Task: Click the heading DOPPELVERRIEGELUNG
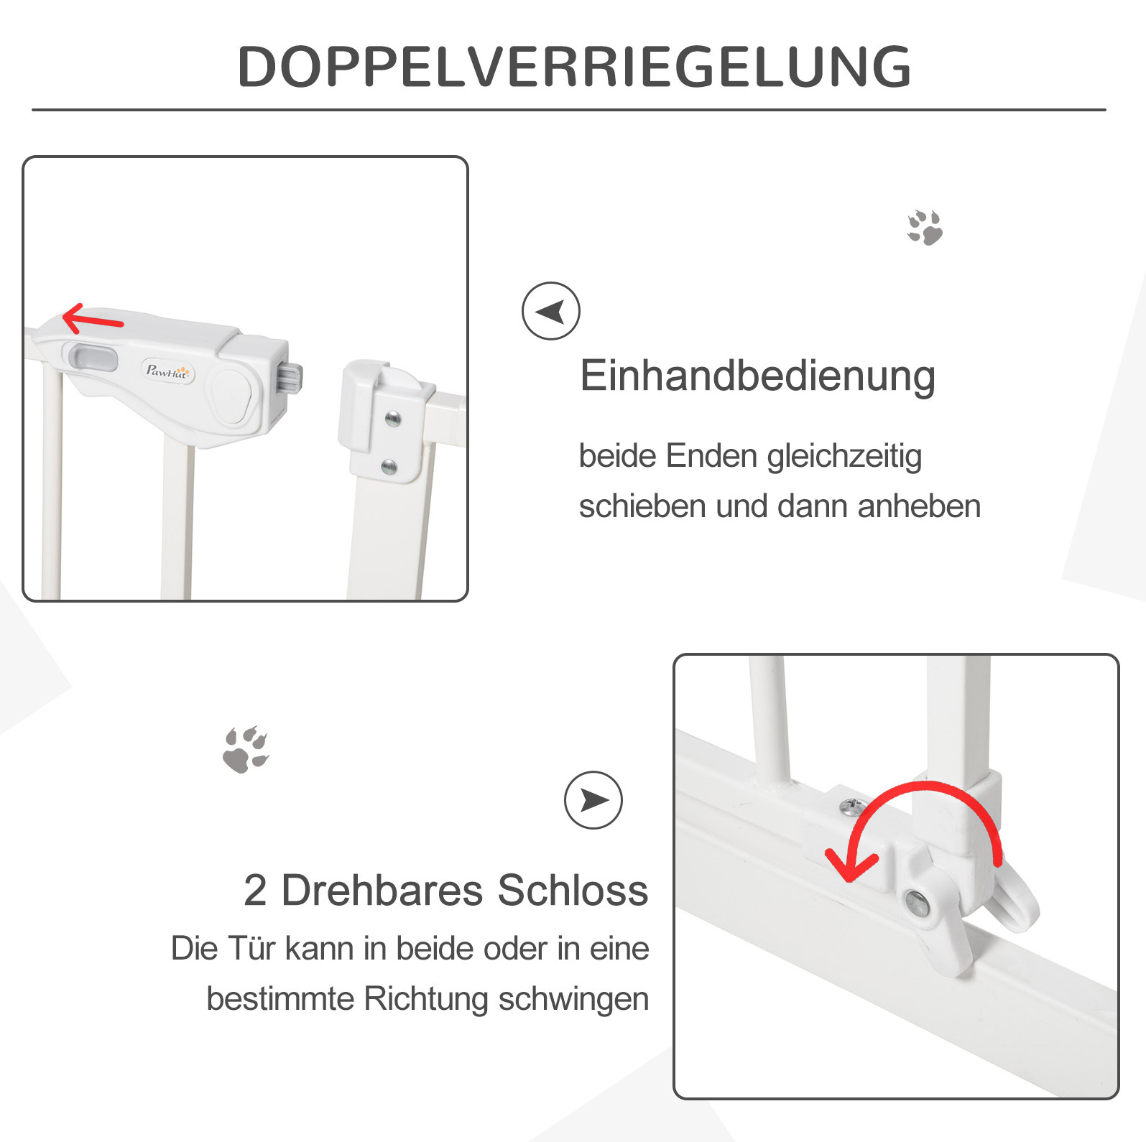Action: point(574,67)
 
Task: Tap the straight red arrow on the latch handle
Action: point(93,319)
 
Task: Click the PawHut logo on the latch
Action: point(167,371)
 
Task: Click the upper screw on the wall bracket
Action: point(393,419)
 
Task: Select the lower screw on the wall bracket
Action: point(389,467)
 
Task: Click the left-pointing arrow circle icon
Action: point(551,311)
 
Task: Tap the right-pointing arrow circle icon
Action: point(593,800)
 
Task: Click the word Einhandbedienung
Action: point(757,376)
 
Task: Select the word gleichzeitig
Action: point(844,457)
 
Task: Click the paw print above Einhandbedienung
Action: point(925,228)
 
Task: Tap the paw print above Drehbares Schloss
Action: point(246,750)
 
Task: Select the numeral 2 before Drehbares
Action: point(255,891)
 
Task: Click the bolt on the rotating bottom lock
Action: point(916,902)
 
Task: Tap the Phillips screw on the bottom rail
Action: point(853,807)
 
